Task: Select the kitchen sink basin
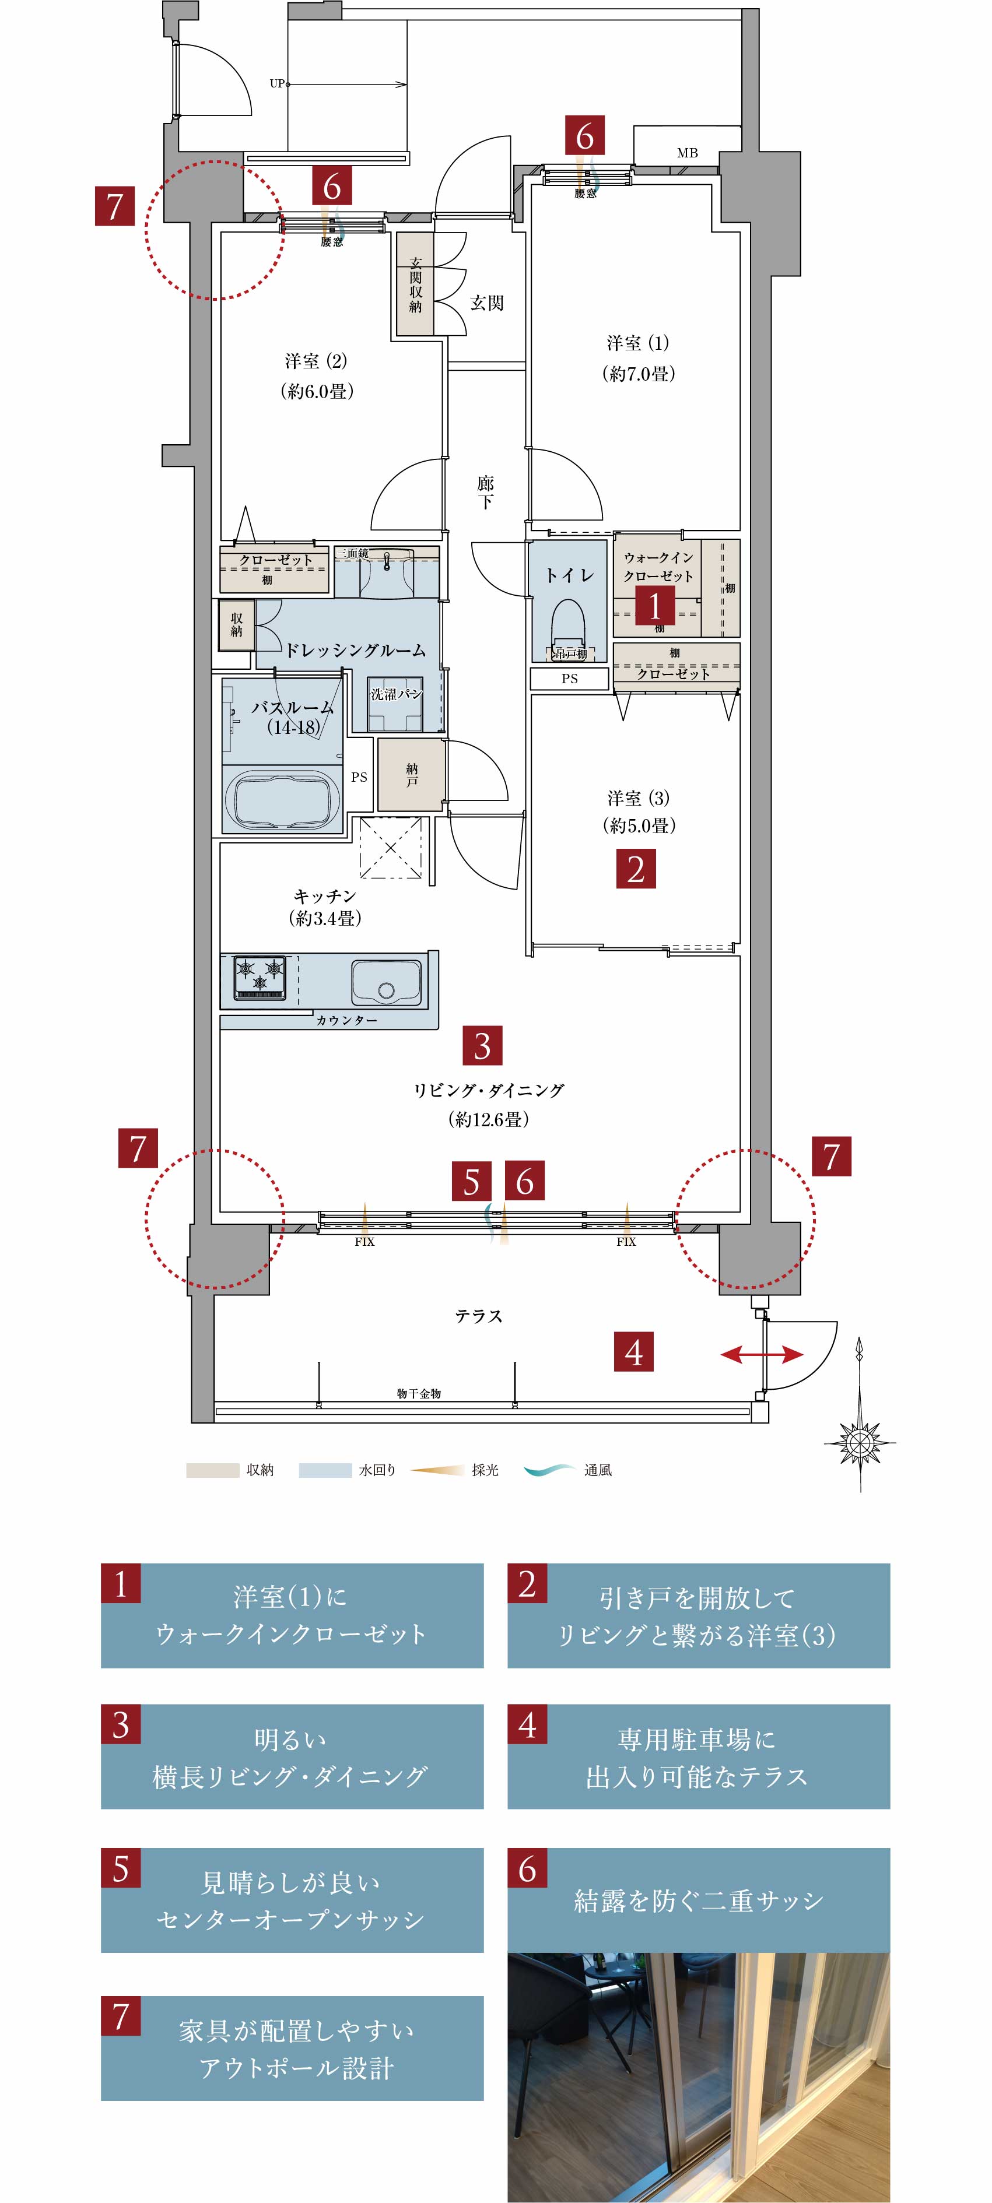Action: click(x=385, y=982)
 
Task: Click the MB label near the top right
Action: click(x=687, y=153)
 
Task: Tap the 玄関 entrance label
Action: click(x=486, y=303)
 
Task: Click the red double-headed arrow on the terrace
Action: click(x=762, y=1355)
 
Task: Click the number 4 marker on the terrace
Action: click(x=634, y=1351)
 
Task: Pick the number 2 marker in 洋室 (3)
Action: click(x=636, y=869)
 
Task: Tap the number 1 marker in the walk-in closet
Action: click(x=655, y=606)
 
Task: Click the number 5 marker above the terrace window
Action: click(x=472, y=1181)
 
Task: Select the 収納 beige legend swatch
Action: click(x=212, y=1470)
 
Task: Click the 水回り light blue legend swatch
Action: click(x=325, y=1470)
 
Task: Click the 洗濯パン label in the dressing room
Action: click(x=396, y=694)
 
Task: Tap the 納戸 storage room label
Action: click(x=412, y=775)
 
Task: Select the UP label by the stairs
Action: click(x=277, y=84)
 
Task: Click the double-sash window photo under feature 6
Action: click(x=699, y=2077)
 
